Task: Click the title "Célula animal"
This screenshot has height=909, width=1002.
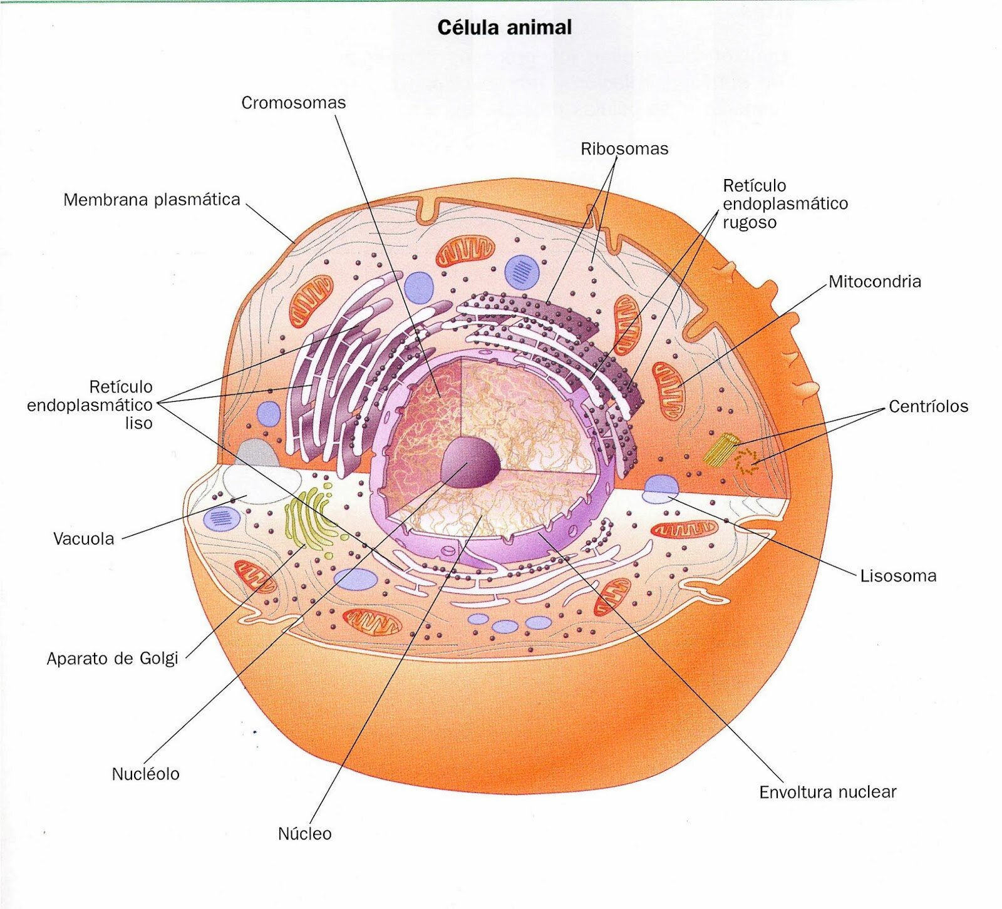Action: click(504, 28)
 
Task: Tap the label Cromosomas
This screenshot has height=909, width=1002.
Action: click(293, 103)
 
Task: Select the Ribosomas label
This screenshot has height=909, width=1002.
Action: click(624, 149)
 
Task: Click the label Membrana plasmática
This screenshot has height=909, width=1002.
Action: click(152, 200)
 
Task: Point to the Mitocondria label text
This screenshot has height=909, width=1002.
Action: click(875, 282)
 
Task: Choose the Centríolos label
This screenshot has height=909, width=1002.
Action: click(928, 406)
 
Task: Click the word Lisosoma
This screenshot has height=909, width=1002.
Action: click(898, 576)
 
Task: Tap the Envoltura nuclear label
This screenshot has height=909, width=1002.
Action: click(827, 792)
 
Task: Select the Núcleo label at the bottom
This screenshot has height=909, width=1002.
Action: click(304, 833)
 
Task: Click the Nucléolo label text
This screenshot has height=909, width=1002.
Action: click(145, 774)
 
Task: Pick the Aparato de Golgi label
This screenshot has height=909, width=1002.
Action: click(113, 659)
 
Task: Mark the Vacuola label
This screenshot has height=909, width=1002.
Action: click(84, 539)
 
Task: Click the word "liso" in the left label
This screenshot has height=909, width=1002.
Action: click(138, 423)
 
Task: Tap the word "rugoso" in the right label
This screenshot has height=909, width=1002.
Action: click(750, 222)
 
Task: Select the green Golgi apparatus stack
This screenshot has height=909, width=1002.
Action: click(307, 519)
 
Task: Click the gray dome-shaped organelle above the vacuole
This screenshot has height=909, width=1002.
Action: click(257, 452)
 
